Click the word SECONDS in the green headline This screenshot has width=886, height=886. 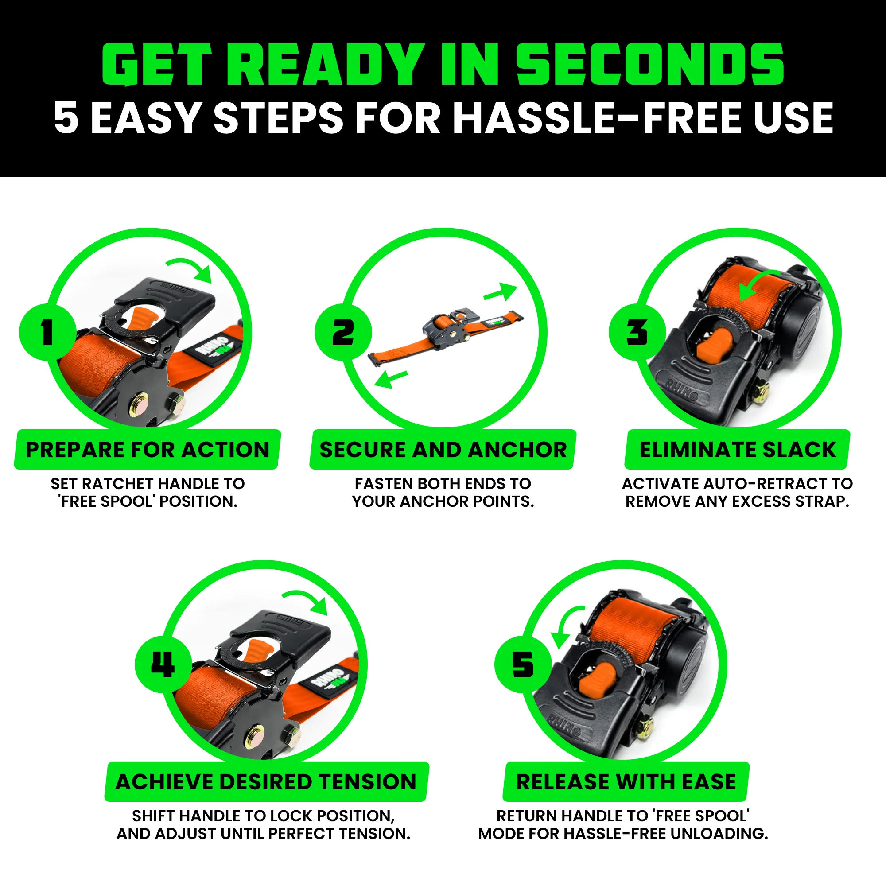click(x=650, y=64)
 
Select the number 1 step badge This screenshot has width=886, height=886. click(x=47, y=332)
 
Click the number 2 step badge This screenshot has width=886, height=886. click(x=342, y=332)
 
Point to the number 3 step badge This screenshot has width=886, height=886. click(x=637, y=332)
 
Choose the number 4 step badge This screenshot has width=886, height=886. click(x=163, y=664)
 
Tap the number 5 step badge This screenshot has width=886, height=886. click(x=523, y=664)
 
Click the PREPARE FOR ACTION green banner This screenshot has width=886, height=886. click(x=147, y=449)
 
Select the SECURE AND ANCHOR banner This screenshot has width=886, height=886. click(x=443, y=449)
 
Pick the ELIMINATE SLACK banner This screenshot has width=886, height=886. click(x=738, y=449)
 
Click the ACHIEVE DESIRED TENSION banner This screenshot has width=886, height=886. click(x=266, y=782)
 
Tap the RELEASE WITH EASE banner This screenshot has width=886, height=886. click(x=626, y=782)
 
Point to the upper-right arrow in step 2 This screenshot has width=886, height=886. click(x=501, y=292)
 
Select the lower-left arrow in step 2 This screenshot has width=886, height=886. click(x=390, y=379)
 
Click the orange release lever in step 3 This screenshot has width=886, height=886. click(x=715, y=344)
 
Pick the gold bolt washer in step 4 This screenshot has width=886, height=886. click(x=253, y=735)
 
